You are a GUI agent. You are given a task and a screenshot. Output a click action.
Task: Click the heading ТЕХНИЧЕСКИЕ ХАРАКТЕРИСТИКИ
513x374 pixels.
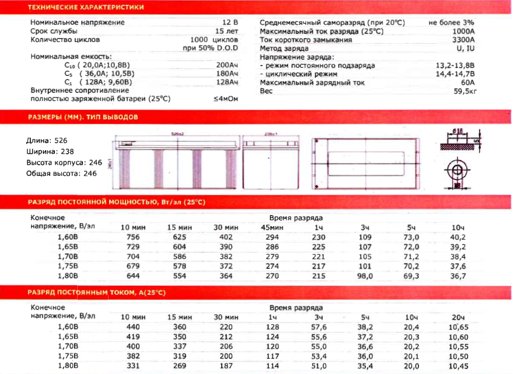point(86,7)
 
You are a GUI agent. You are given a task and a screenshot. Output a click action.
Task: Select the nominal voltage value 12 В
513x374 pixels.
point(230,22)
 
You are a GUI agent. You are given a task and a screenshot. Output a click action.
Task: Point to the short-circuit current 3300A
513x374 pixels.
point(463,40)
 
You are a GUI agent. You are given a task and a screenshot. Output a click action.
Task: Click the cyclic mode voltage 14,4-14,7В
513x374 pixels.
point(455,75)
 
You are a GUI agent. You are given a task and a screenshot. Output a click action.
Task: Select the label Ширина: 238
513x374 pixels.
point(47,151)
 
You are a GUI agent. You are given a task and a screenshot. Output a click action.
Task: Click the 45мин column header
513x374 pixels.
point(271,227)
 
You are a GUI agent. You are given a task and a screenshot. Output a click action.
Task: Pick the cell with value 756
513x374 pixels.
point(133,237)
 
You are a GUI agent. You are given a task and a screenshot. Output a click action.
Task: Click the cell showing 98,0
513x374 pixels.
point(364,275)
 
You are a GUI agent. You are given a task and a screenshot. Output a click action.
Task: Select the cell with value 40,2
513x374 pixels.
point(458,237)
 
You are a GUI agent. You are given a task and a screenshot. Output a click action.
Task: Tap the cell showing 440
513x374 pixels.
point(133,327)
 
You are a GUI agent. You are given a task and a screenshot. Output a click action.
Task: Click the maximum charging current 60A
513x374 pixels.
point(467,83)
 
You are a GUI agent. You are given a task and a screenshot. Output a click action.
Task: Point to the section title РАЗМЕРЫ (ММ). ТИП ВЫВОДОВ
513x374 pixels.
point(83,117)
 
